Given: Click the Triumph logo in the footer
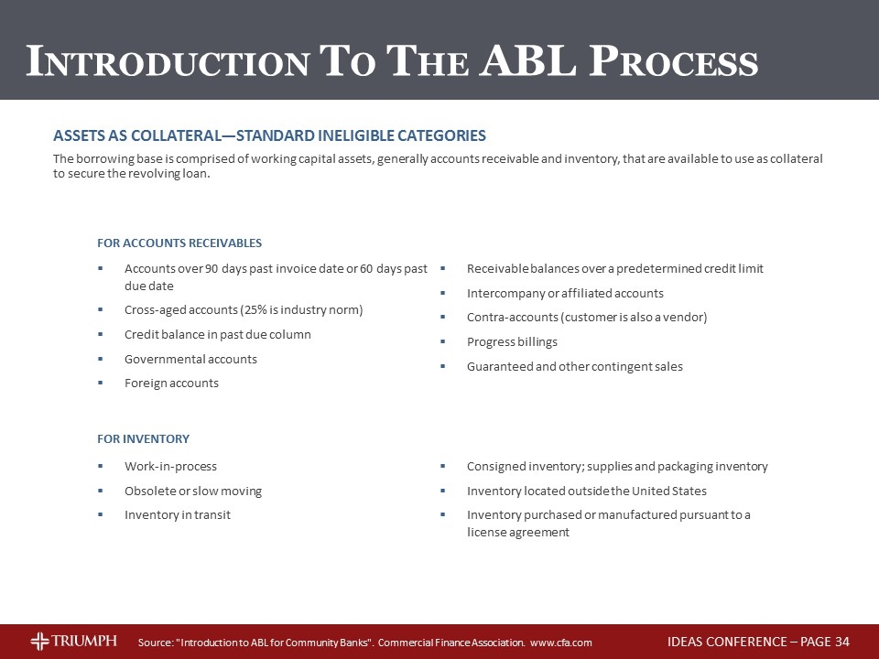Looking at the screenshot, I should click(x=73, y=641).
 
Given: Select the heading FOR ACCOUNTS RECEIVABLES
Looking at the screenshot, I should click(x=179, y=243).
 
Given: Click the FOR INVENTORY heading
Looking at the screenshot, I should click(x=143, y=439).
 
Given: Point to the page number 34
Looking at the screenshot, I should click(x=842, y=641).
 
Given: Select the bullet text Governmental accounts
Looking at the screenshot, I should click(x=190, y=359).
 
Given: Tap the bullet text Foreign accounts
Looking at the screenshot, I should click(x=171, y=384).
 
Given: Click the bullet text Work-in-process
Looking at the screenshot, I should click(x=170, y=467).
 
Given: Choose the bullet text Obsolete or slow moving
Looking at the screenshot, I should click(x=193, y=492).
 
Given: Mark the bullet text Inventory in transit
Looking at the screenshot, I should click(x=178, y=515).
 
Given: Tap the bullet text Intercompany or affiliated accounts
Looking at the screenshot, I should click(x=565, y=294).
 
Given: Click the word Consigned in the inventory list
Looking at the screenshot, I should click(x=495, y=467).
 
